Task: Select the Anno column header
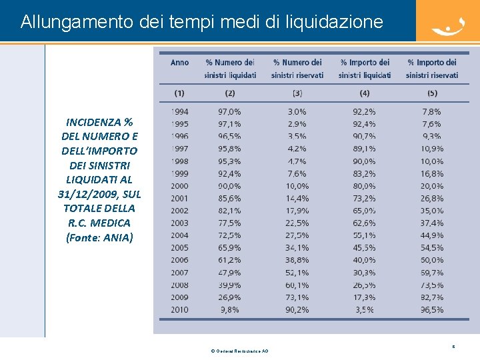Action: [179, 63]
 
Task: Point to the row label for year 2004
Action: [179, 235]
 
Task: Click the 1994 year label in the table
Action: [179, 111]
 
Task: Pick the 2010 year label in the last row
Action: [179, 310]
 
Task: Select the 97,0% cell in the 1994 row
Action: [230, 111]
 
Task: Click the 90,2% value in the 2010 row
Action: [297, 310]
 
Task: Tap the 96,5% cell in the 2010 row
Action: [432, 310]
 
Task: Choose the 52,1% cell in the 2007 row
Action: [297, 273]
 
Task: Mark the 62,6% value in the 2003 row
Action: [364, 223]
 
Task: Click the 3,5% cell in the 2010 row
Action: [364, 310]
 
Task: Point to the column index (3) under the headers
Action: [297, 93]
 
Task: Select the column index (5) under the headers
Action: [432, 93]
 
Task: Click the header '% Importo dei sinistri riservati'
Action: [432, 69]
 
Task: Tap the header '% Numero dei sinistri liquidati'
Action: [230, 69]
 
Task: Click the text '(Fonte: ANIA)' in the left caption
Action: [99, 237]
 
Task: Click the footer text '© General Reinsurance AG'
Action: [239, 351]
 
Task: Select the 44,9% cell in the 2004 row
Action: [432, 235]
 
